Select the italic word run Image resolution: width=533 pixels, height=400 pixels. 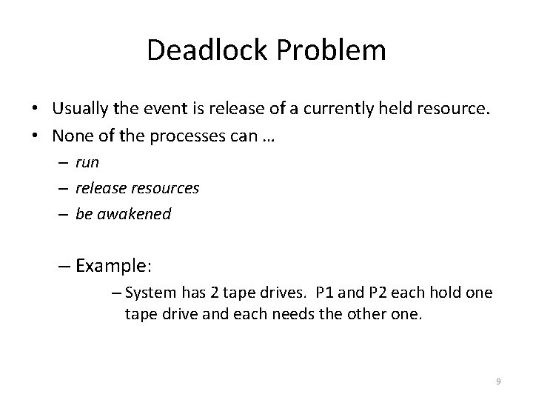[x=87, y=161]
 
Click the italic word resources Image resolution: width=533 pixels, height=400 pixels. [x=164, y=187]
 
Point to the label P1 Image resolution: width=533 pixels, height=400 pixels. [x=325, y=293]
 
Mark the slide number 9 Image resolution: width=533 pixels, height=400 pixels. [x=498, y=381]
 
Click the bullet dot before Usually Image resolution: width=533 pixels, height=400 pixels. [x=36, y=110]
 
